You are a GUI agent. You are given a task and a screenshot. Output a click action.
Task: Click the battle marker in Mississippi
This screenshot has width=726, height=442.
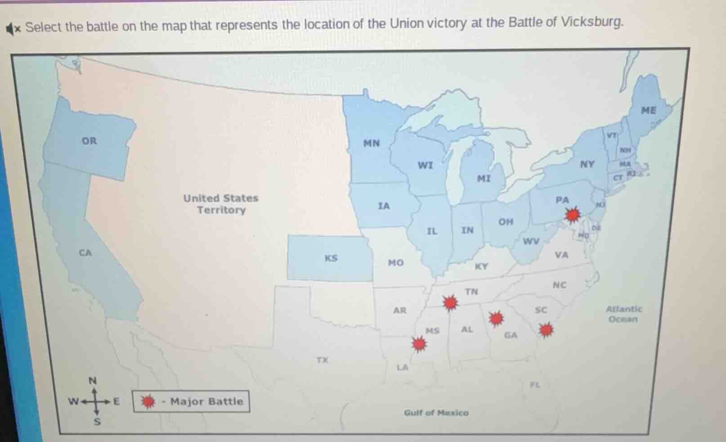(419, 344)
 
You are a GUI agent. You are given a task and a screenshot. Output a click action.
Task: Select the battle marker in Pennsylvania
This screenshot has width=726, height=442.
(573, 215)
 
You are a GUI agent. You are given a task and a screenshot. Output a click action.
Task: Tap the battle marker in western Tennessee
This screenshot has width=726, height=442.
(450, 303)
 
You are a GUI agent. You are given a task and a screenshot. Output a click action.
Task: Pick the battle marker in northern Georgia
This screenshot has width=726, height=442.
(496, 318)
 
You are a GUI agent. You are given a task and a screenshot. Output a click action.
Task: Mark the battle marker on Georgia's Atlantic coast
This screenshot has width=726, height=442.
(546, 330)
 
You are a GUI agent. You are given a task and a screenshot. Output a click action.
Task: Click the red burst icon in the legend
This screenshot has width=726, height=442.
(148, 401)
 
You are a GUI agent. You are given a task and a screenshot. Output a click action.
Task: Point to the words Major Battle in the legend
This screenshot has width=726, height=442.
(206, 401)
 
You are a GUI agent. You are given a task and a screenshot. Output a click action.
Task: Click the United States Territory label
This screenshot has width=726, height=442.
(221, 204)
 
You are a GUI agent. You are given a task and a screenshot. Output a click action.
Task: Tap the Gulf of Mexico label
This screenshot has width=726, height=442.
(436, 413)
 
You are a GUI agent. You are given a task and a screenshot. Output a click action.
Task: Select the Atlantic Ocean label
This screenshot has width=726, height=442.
(624, 314)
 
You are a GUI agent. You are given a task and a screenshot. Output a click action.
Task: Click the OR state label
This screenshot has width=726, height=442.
(89, 141)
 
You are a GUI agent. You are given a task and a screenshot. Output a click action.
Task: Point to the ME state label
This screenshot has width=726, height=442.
(648, 110)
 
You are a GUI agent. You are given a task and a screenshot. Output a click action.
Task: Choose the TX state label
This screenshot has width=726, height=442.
(322, 360)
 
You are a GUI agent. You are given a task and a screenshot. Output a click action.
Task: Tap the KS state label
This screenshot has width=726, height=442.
(331, 258)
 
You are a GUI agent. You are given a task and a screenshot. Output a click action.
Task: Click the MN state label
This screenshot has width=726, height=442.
(372, 143)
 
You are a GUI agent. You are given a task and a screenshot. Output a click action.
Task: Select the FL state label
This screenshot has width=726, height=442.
(535, 385)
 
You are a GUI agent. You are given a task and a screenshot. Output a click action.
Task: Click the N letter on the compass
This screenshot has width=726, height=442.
(93, 381)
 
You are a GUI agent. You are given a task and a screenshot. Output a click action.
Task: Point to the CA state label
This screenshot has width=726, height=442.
(85, 253)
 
